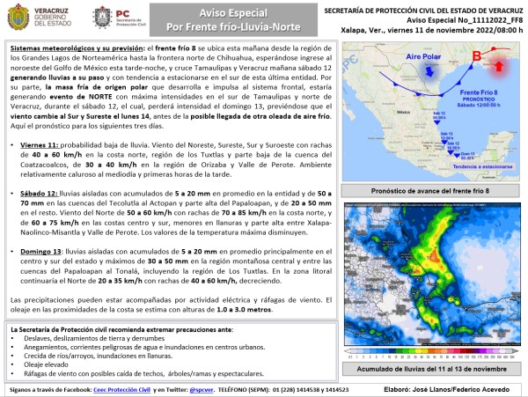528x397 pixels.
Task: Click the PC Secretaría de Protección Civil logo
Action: [x=132, y=17]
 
